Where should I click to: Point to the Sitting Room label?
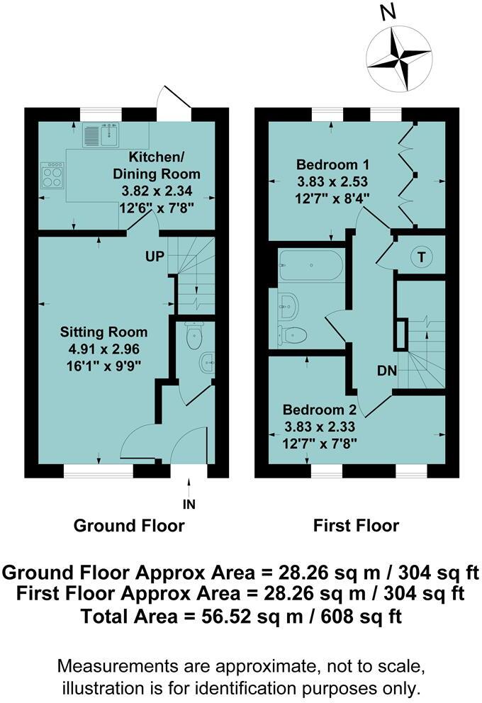tap(103, 332)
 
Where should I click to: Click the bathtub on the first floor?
tap(311, 265)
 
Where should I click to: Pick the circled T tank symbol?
tap(422, 257)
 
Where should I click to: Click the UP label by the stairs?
tap(157, 256)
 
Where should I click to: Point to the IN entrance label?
tap(189, 505)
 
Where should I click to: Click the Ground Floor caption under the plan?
tap(130, 526)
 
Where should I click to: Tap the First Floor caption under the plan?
tap(356, 526)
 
